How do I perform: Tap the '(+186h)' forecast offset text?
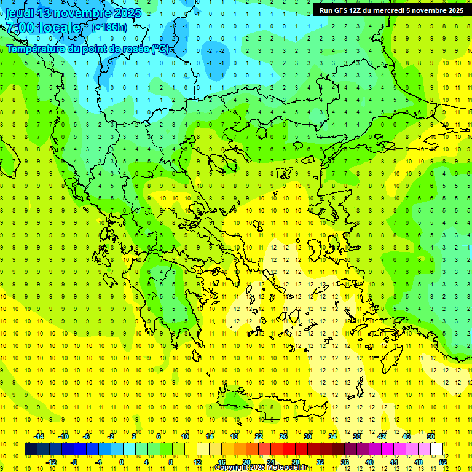[109, 27]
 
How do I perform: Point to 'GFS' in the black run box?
[342, 10]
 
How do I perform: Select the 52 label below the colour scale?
[443, 462]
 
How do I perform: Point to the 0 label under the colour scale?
[122, 462]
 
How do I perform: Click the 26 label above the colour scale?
[283, 436]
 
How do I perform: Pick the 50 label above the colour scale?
[431, 436]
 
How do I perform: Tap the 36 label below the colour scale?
[345, 462]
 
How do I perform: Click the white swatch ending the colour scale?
[437, 449]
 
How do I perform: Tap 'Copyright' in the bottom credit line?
[232, 468]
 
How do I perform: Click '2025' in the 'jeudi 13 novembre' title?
[127, 13]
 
